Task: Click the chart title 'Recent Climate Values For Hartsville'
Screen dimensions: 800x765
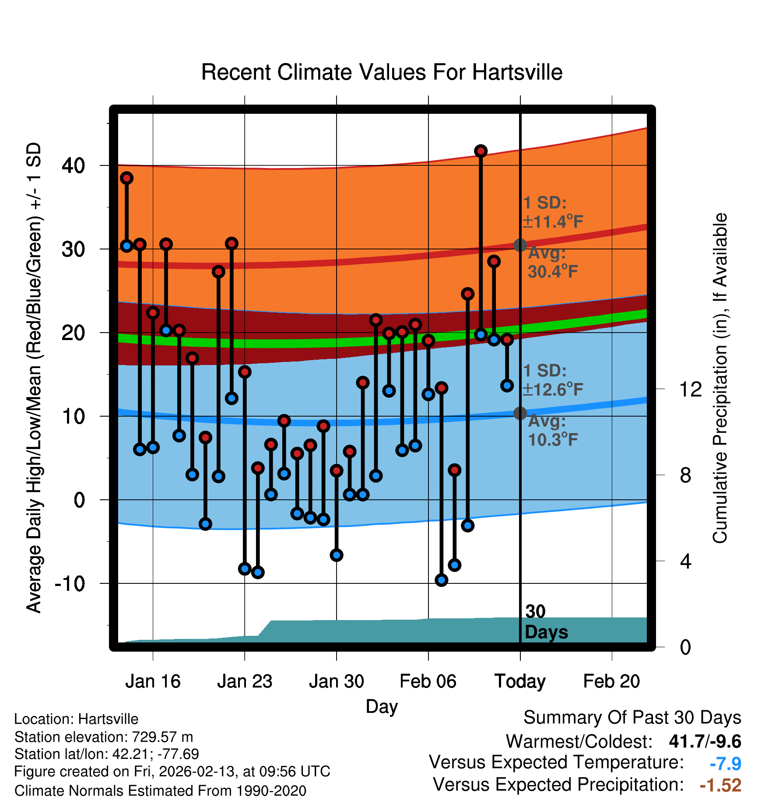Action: click(x=382, y=72)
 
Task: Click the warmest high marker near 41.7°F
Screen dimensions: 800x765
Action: click(x=481, y=151)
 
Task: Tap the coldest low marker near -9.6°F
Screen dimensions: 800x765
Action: click(x=441, y=580)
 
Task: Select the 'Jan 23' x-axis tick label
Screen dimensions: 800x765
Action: click(x=245, y=681)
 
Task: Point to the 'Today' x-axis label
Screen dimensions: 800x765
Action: click(x=520, y=681)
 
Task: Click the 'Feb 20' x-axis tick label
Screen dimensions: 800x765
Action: click(x=611, y=681)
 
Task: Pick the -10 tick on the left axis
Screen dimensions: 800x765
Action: click(x=70, y=583)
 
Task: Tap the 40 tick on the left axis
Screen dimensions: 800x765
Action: click(x=74, y=166)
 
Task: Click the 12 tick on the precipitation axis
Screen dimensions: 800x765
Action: click(x=691, y=389)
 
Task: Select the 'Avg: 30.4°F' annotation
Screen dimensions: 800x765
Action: click(x=552, y=263)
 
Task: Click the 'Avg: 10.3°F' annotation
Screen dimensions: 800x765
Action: click(x=552, y=431)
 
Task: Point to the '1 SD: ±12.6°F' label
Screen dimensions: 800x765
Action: click(x=552, y=380)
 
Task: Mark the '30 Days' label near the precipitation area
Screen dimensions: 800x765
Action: click(x=545, y=622)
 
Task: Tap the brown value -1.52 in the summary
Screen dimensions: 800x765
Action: click(x=720, y=785)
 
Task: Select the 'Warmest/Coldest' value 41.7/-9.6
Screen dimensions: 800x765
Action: click(x=705, y=741)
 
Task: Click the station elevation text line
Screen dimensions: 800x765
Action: click(x=104, y=737)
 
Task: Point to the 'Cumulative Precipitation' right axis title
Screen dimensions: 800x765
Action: click(x=720, y=379)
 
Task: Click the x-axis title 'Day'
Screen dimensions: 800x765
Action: click(x=382, y=706)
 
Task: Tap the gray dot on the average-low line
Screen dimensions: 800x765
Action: click(x=520, y=413)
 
